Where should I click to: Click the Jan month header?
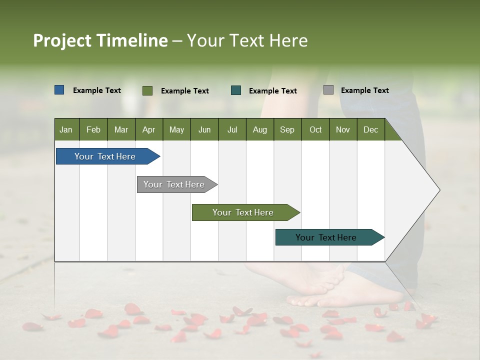click(x=66, y=129)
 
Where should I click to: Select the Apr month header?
click(x=148, y=129)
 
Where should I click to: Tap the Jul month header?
click(x=232, y=129)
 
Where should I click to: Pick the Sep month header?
click(x=287, y=129)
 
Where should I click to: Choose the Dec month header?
click(x=370, y=129)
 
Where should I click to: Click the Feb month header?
click(x=93, y=129)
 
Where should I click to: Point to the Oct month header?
click(x=315, y=129)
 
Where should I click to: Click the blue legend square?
click(x=59, y=90)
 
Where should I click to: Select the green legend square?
click(x=147, y=90)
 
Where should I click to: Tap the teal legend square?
click(x=236, y=90)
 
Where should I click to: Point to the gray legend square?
click(x=328, y=90)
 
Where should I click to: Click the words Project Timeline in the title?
click(x=100, y=40)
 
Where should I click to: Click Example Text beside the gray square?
click(x=364, y=90)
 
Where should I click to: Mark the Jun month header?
click(x=204, y=129)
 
